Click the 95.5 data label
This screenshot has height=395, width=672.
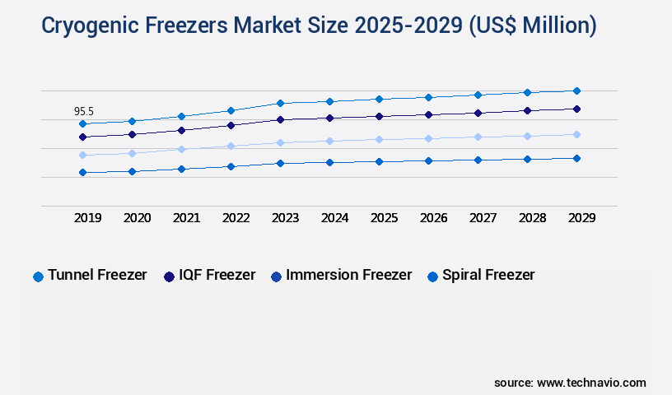[x=83, y=111]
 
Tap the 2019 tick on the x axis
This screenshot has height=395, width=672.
[x=88, y=218]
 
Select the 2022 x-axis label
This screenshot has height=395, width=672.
[x=236, y=218]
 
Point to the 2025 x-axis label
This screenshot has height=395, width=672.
[x=384, y=218]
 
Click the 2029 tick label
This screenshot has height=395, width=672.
[x=581, y=218]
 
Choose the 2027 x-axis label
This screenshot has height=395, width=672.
[x=483, y=218]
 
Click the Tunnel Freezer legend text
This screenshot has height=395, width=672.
[x=97, y=275]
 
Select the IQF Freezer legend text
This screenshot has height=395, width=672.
[x=218, y=275]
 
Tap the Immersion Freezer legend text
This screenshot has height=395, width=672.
[x=348, y=275]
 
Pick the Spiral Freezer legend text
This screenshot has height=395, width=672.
[x=488, y=275]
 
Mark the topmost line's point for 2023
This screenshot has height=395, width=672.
[x=280, y=103]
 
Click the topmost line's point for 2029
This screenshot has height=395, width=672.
[x=576, y=91]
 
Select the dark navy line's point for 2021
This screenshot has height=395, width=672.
[x=181, y=130]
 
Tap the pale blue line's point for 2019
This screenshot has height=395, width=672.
[x=82, y=155]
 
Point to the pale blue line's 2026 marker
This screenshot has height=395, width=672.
[x=428, y=138]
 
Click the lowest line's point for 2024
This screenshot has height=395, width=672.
[x=329, y=162]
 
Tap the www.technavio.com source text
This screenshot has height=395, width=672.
[x=591, y=383]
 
